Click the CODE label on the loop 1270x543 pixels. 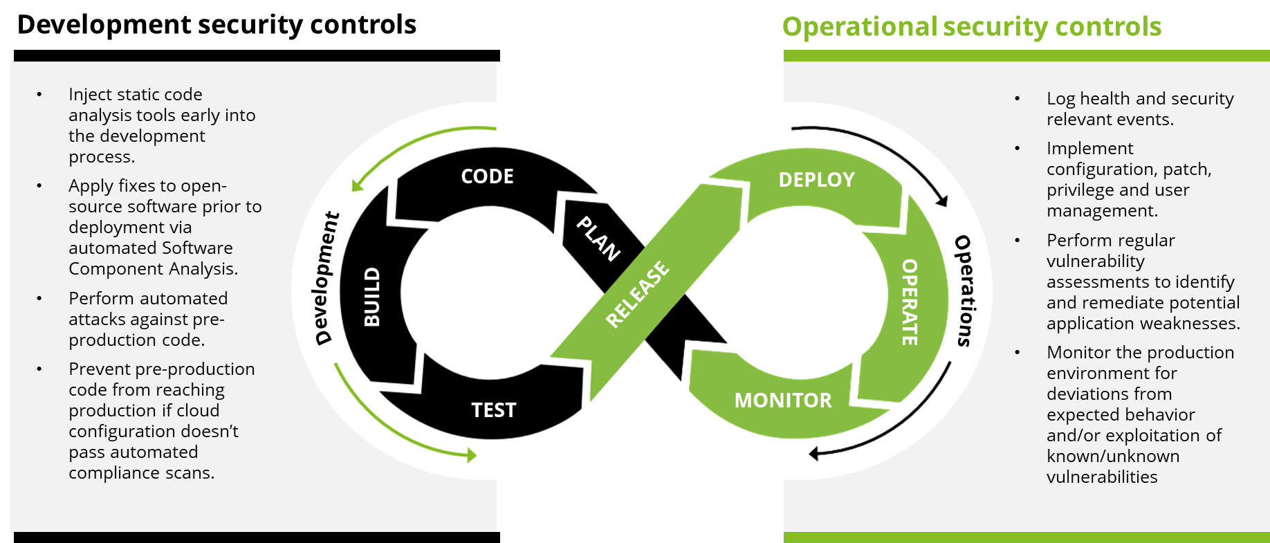click(x=487, y=176)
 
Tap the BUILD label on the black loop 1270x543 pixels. click(x=372, y=297)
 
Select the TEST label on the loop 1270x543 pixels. click(x=493, y=410)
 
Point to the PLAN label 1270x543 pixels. click(x=598, y=239)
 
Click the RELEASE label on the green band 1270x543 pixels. click(x=638, y=293)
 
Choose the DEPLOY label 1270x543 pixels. click(x=816, y=180)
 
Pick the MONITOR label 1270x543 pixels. click(x=783, y=401)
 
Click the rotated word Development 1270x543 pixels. click(x=326, y=278)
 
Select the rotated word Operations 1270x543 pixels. click(x=964, y=291)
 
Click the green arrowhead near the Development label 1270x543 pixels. click(x=357, y=185)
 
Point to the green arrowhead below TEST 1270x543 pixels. click(x=472, y=454)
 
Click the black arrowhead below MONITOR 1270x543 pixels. click(x=814, y=454)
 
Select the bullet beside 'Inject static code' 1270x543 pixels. click(x=39, y=95)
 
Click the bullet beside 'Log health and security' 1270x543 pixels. click(x=1017, y=99)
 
